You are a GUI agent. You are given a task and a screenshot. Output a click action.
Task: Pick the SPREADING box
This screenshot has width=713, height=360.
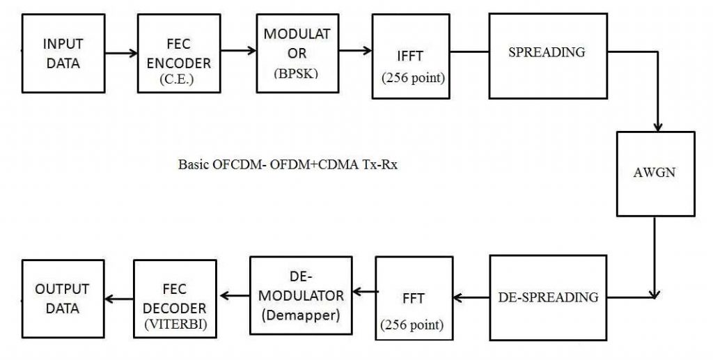click(547, 52)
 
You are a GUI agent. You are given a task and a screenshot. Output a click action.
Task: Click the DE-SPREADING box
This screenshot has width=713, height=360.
click(548, 297)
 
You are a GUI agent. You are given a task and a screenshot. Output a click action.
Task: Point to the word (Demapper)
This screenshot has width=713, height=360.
click(301, 315)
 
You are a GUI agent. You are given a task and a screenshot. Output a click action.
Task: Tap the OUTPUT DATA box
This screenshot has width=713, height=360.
click(63, 297)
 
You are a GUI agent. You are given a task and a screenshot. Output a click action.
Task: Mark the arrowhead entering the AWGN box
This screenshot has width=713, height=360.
click(657, 126)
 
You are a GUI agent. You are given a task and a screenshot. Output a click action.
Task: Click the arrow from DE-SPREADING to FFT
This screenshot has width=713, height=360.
click(472, 298)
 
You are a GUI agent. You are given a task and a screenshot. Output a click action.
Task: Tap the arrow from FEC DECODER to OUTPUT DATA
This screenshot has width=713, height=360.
click(118, 299)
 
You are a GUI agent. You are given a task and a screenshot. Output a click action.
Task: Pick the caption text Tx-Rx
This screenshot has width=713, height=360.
click(382, 166)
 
